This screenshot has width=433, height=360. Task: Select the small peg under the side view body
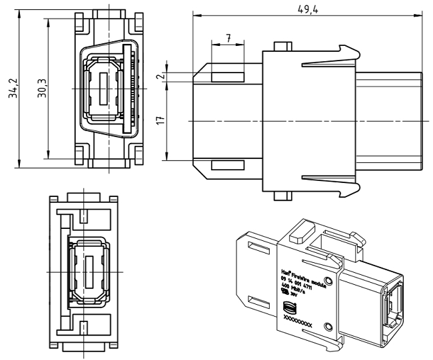point(283,196)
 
